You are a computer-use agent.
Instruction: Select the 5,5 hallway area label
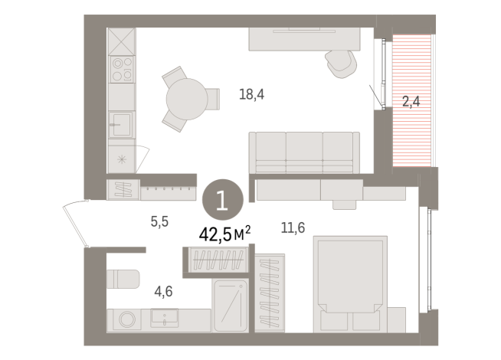click(159, 221)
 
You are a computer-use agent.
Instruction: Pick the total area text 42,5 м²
click(224, 234)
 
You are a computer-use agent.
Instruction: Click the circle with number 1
click(222, 201)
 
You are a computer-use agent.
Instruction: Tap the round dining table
click(186, 98)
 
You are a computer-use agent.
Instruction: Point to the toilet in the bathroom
click(123, 280)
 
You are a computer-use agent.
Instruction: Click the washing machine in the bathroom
click(123, 319)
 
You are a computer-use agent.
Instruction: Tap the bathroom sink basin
click(164, 317)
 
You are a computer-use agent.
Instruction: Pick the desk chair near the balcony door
click(338, 61)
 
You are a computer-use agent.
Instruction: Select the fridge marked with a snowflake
click(122, 160)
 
